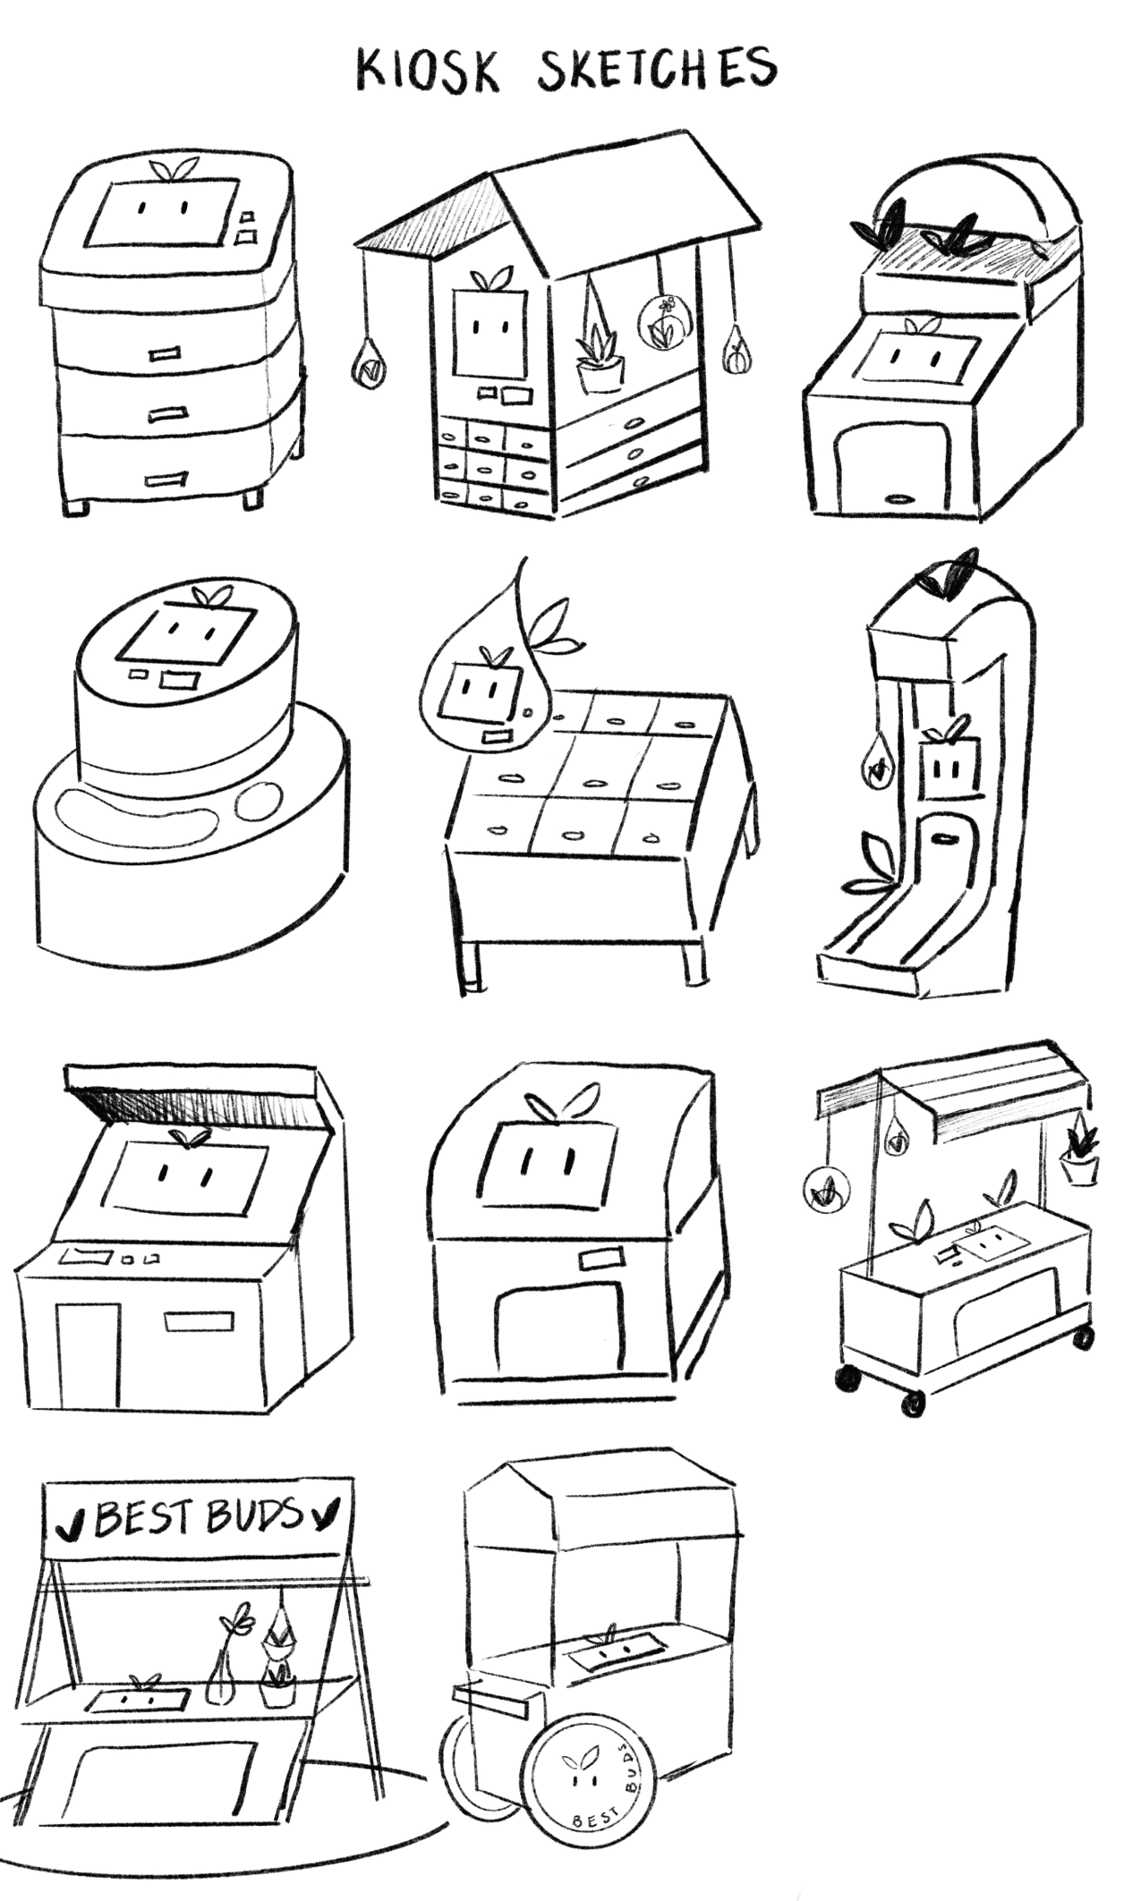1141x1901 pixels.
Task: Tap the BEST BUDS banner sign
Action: point(198,1517)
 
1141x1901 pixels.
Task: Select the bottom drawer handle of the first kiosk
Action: point(166,479)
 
